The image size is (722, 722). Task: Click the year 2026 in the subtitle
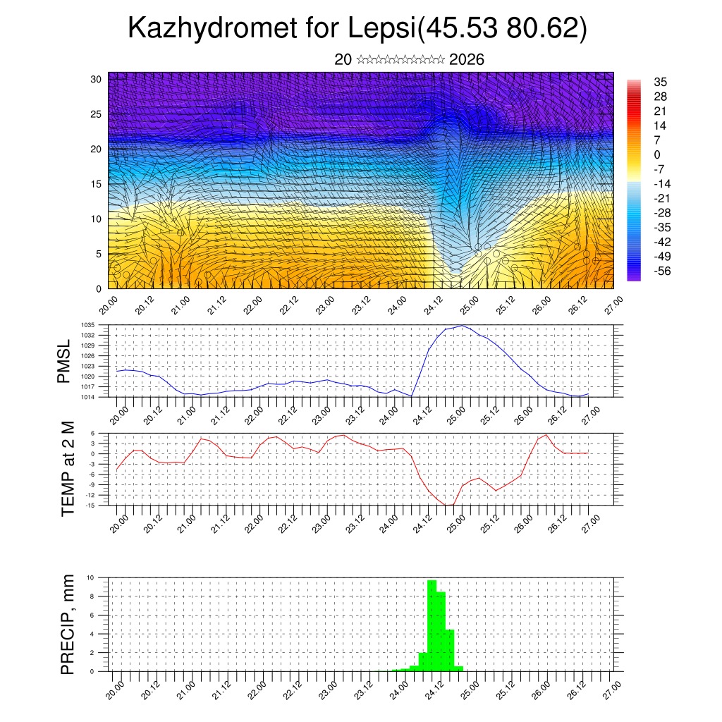[466, 60]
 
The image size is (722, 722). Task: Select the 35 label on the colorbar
[661, 82]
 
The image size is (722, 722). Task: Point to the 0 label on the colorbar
[657, 154]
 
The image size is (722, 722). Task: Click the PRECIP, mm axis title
[68, 624]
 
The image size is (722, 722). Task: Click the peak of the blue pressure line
[462, 326]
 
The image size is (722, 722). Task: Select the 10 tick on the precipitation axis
[101, 577]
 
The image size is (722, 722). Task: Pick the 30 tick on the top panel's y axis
[96, 79]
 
